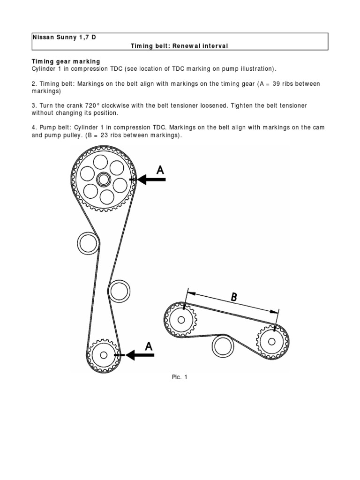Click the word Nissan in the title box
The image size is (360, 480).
[43, 37]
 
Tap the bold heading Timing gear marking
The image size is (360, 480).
[66, 61]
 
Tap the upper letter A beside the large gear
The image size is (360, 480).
[160, 171]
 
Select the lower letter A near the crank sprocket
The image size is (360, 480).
[149, 346]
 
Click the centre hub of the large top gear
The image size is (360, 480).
[103, 179]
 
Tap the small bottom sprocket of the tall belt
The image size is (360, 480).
[104, 355]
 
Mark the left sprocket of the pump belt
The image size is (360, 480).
[180, 320]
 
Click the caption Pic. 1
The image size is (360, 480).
[180, 377]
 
